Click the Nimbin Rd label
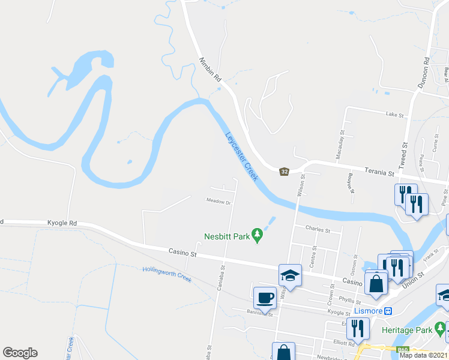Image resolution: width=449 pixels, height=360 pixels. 211,70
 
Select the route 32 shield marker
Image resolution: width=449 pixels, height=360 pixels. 285,172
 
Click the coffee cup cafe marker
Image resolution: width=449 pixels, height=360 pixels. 265,298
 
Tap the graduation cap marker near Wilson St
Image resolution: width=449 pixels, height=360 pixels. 290,275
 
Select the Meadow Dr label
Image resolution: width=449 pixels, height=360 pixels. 218,202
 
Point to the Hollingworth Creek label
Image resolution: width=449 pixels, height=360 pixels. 167,274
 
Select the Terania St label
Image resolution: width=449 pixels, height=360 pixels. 381,173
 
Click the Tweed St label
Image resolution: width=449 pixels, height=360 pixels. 404,154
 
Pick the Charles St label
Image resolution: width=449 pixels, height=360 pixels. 318,229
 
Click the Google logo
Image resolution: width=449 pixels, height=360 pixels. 20,353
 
